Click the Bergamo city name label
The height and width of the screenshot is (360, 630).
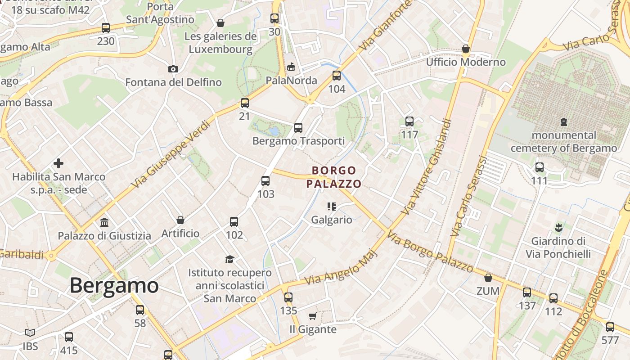point(114,286)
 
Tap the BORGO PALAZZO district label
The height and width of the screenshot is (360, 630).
point(333,177)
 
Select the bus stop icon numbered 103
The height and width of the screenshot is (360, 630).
point(265,181)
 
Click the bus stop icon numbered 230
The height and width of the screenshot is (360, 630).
point(106,28)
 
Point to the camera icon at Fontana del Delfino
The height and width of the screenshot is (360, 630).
point(173,69)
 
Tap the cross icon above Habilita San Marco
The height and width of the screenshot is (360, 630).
point(58,163)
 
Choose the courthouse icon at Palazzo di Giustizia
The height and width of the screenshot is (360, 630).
point(104,222)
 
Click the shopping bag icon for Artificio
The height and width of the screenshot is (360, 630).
point(180,220)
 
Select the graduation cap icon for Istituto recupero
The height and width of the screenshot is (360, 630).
point(230,259)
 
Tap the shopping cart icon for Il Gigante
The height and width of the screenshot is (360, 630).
point(313,316)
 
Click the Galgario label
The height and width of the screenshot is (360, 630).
point(332,220)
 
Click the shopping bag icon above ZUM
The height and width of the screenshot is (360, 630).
point(488,278)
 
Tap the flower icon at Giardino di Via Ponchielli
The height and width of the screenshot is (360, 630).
point(558,228)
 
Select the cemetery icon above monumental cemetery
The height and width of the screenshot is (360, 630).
point(563,121)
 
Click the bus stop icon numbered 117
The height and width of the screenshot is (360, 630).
point(409,121)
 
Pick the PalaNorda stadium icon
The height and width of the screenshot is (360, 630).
point(291,67)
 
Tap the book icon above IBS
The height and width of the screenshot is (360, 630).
point(30,333)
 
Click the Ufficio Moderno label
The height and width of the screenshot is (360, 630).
point(466,62)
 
